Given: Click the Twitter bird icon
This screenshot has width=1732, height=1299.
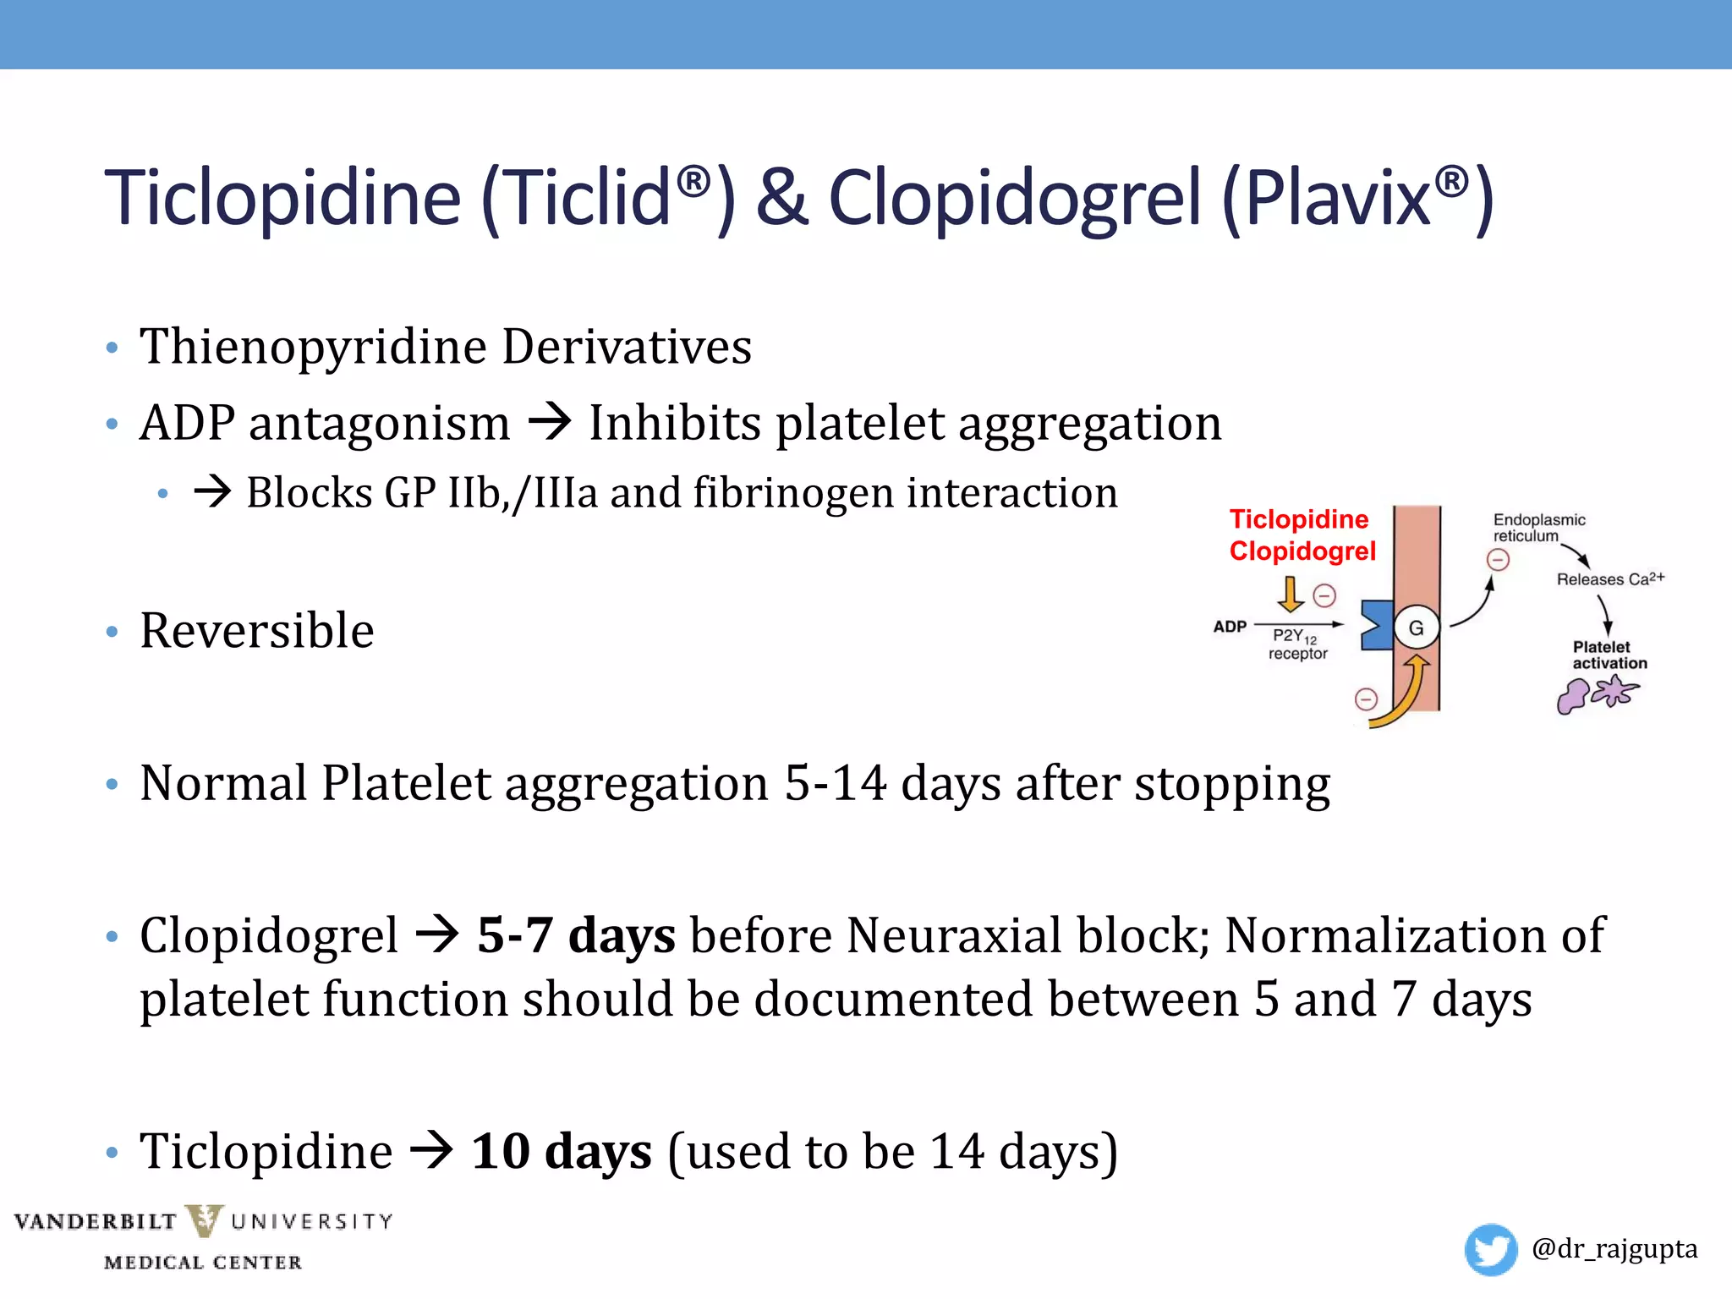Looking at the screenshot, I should tap(1490, 1248).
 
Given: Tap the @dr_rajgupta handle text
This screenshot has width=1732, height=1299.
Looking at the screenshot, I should tap(1614, 1249).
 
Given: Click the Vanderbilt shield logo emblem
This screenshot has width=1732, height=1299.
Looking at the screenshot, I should tap(204, 1221).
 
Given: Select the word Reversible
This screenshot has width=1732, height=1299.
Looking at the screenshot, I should tap(256, 631).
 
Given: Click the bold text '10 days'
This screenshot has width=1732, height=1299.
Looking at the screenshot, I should tap(562, 1151).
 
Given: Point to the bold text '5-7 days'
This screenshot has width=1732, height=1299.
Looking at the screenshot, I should tap(576, 935).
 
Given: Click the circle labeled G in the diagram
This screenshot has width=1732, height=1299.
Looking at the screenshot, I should tap(1416, 628).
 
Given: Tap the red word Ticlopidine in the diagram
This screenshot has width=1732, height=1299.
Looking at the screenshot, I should tap(1298, 519).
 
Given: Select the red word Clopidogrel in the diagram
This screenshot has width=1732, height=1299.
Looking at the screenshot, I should tap(1302, 551).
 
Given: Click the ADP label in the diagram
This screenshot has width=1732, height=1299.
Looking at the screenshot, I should tap(1230, 627).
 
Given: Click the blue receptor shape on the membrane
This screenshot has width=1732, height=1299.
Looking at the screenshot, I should tap(1375, 625).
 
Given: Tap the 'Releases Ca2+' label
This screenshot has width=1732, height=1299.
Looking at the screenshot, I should tap(1609, 579).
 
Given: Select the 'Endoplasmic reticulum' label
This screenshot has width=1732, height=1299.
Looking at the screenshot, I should tap(1537, 528).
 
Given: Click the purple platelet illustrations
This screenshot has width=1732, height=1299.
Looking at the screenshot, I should tap(1596, 695).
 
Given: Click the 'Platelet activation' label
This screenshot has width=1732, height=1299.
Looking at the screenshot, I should tap(1609, 655).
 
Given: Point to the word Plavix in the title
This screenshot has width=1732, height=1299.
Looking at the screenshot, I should tap(1336, 199).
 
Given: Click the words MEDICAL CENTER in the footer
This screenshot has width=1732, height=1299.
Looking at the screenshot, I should tap(203, 1263).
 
